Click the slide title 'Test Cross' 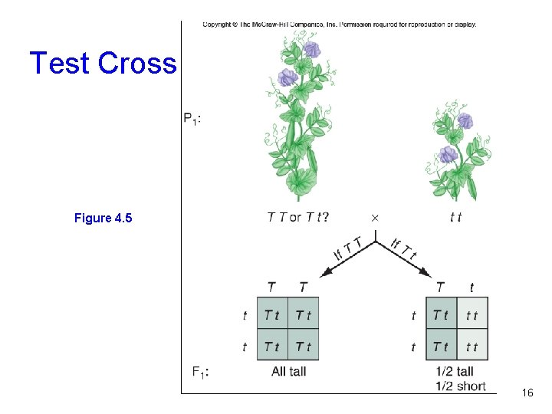click(x=103, y=63)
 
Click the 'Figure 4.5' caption click(x=103, y=219)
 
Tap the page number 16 click(x=527, y=393)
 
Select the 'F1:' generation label click(x=201, y=372)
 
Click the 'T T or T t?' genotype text click(x=298, y=217)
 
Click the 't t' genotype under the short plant click(x=455, y=218)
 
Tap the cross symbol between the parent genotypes click(x=374, y=218)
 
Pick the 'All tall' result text click(x=289, y=372)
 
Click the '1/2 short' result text click(x=460, y=386)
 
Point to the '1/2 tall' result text click(x=455, y=372)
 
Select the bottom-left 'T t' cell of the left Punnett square click(x=272, y=347)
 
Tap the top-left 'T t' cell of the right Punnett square click(x=441, y=314)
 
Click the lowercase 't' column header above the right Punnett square click(x=472, y=287)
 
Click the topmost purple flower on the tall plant click(x=311, y=50)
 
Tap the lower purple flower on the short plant click(x=449, y=154)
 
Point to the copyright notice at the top click(x=340, y=25)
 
